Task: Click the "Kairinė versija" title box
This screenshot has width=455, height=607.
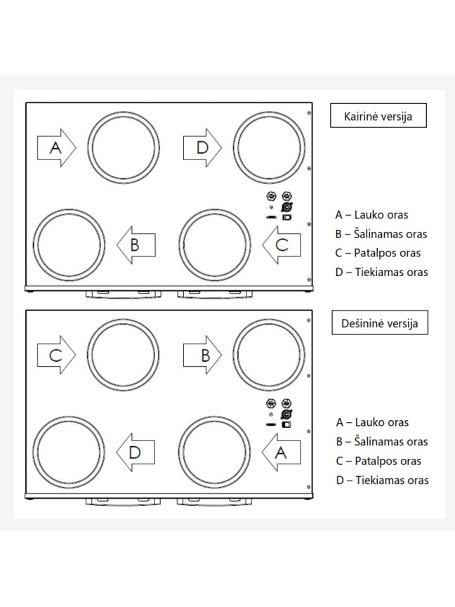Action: point(378,115)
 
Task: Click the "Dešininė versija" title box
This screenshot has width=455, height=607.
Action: point(380,322)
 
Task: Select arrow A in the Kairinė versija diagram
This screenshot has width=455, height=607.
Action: point(56,148)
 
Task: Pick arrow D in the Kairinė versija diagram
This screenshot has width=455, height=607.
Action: point(202,148)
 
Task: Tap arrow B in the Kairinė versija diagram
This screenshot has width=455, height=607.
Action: point(136,245)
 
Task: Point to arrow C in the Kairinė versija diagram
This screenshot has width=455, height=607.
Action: point(282,245)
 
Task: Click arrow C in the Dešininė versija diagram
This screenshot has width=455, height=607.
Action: point(56,355)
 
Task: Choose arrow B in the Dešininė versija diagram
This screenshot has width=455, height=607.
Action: point(202,355)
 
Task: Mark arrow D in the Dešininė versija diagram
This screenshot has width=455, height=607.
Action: point(136,452)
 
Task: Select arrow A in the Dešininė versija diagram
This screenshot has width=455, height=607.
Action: point(282,452)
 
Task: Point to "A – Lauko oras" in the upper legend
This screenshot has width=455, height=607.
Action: point(371,215)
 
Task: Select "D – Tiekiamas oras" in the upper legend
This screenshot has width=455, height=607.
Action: point(381,272)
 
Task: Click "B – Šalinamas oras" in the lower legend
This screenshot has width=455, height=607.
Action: point(382,442)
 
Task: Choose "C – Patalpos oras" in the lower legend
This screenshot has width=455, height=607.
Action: point(378,461)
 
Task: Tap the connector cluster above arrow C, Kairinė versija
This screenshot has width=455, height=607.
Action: point(279,206)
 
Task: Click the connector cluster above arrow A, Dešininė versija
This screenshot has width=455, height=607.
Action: point(279,413)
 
